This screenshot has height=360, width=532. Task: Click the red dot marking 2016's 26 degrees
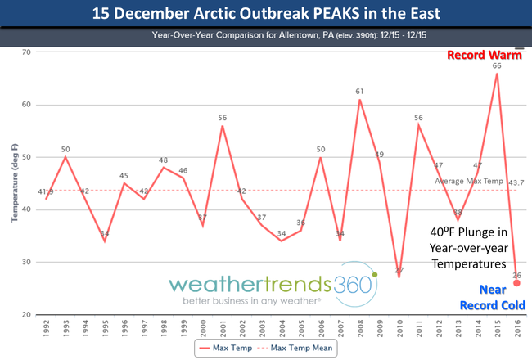coord(516,283)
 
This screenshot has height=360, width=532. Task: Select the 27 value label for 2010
coord(400,271)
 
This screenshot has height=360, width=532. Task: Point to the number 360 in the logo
coord(351,285)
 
